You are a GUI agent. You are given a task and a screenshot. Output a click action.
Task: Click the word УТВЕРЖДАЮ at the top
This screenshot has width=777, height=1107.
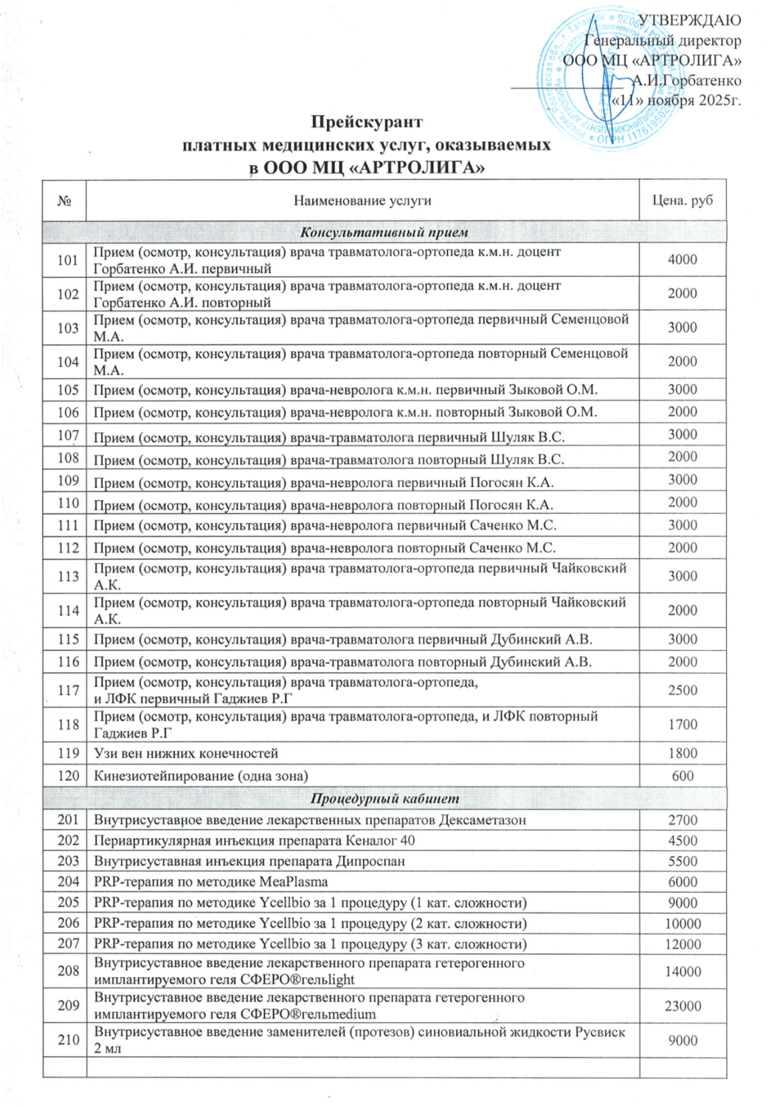click(x=689, y=21)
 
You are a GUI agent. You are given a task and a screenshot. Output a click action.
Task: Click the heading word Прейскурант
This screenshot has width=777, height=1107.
click(x=366, y=122)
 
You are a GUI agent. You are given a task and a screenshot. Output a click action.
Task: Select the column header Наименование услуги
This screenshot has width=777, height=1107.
click(x=362, y=201)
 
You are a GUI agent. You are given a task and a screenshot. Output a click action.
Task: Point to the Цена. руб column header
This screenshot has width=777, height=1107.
click(x=683, y=201)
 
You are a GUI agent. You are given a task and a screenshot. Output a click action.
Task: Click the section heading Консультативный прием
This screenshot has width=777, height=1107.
click(x=384, y=232)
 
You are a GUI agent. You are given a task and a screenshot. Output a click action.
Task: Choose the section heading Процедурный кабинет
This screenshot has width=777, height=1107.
click(x=384, y=799)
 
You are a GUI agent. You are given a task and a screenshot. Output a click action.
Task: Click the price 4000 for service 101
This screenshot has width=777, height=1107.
click(x=683, y=260)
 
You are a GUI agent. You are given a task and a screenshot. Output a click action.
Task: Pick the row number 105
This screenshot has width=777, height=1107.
click(x=68, y=390)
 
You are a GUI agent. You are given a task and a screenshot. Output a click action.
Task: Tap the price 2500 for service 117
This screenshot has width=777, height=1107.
click(x=683, y=691)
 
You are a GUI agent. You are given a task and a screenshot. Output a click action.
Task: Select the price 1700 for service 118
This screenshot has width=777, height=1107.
click(x=683, y=725)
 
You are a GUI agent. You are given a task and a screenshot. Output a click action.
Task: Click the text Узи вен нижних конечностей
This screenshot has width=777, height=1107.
click(x=186, y=753)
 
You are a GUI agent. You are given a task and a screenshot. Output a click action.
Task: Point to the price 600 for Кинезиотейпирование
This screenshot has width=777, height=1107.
click(x=683, y=776)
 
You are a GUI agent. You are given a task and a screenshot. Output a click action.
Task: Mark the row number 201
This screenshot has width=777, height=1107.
click(x=68, y=820)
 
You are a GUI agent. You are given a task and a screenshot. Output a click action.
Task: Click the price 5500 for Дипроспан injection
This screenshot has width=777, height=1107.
click(x=683, y=861)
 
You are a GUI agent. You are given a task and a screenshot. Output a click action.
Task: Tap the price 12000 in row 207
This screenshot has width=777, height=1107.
click(x=683, y=944)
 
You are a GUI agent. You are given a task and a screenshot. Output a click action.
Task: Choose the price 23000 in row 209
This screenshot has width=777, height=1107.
click(x=683, y=1006)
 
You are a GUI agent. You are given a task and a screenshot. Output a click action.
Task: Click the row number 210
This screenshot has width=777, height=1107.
click(x=68, y=1040)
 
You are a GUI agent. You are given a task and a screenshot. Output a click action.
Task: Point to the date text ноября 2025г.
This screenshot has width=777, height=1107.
click(x=694, y=100)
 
